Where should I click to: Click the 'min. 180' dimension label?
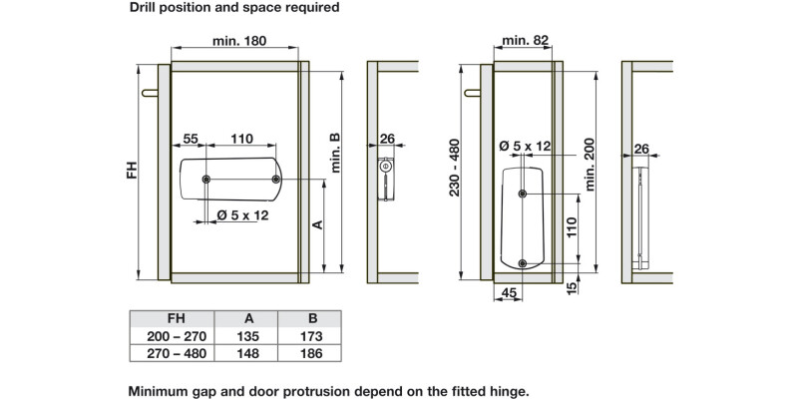[x=239, y=41]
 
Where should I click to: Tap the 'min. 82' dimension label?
[x=527, y=40]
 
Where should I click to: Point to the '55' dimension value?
[x=192, y=138]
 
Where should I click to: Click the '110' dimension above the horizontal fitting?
[x=241, y=138]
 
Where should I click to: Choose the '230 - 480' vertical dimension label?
[x=455, y=167]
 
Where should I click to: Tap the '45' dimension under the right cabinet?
[x=508, y=292]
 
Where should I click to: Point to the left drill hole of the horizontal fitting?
[x=205, y=180]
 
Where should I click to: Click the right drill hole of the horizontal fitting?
[x=276, y=180]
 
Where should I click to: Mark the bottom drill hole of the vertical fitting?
[x=523, y=263]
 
